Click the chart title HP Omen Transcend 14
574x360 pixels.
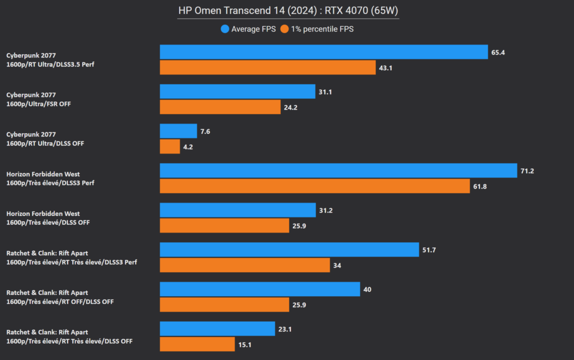pos(288,11)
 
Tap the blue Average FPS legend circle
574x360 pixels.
pos(225,29)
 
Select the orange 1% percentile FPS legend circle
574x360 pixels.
pos(284,29)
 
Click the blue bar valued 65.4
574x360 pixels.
pos(324,52)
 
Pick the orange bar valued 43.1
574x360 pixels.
pos(267,67)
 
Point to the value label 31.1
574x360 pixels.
pos(325,91)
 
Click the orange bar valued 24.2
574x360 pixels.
pos(220,107)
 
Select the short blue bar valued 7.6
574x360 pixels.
pos(178,131)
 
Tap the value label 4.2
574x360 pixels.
pos(187,146)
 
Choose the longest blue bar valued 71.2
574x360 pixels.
pos(338,170)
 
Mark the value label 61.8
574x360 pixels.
pos(480,186)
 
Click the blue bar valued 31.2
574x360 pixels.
pos(238,210)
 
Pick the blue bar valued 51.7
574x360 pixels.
pos(289,249)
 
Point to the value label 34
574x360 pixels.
pos(337,265)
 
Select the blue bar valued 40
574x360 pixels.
pos(260,289)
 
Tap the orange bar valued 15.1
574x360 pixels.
pos(197,344)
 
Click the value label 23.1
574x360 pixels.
pos(285,328)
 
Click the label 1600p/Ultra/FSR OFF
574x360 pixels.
pos(39,103)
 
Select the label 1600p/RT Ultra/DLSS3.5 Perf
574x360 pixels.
pos(50,64)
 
